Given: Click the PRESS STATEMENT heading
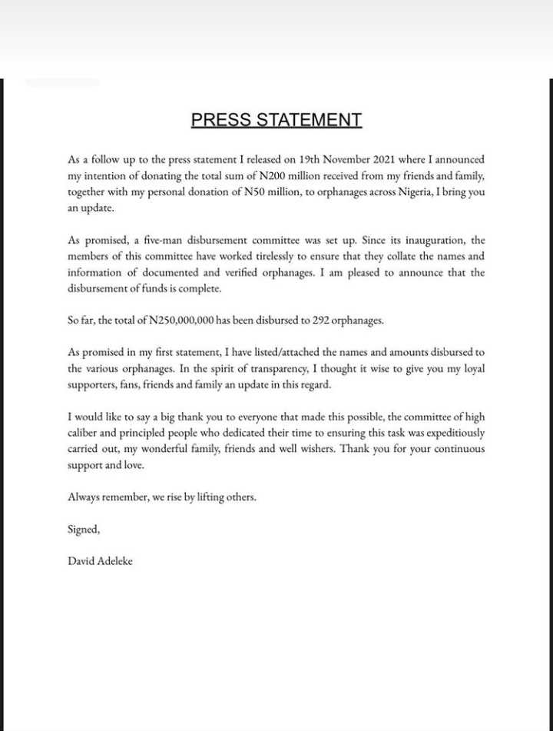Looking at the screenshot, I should pyautogui.click(x=276, y=120).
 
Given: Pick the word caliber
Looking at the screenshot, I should pyautogui.click(x=86, y=433).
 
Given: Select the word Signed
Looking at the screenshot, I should pyautogui.click(x=83, y=530).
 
